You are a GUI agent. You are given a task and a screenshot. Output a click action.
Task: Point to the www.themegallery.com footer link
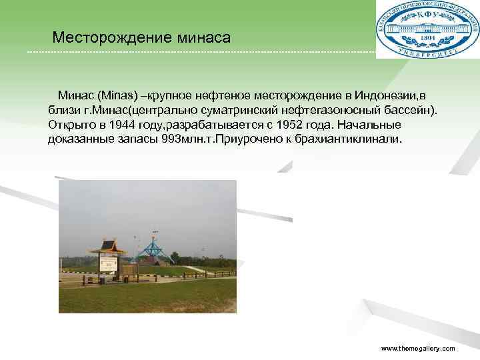pyautogui.click(x=417, y=349)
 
